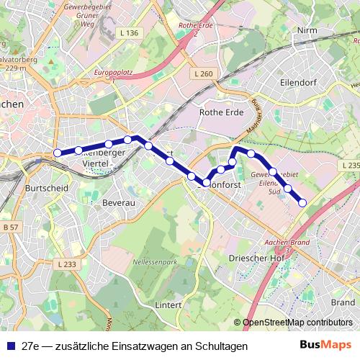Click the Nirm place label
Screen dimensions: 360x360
tap(306, 31)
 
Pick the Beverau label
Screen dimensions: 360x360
tap(120, 204)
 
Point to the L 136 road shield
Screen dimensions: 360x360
tap(130, 33)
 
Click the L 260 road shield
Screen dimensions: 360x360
tap(204, 73)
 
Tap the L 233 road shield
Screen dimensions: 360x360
tap(66, 264)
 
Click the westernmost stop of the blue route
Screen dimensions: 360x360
tap(58, 153)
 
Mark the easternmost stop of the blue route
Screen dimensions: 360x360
tap(302, 202)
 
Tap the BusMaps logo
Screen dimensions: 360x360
tap(323, 345)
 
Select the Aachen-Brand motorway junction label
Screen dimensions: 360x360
tap(287, 243)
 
